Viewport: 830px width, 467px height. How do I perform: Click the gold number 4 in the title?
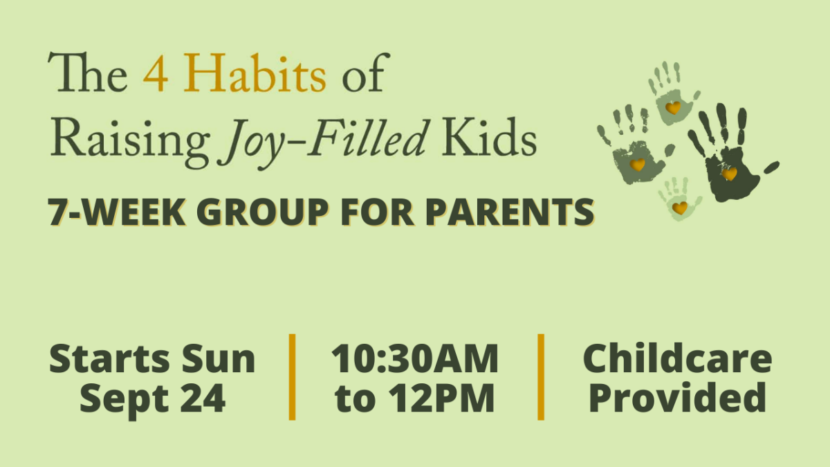point(156,73)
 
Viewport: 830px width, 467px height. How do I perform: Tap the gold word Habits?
point(255,72)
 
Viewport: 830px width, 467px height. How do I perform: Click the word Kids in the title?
point(489,136)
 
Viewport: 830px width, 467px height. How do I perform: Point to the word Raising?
point(131,142)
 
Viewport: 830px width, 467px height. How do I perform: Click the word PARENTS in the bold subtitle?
point(510,212)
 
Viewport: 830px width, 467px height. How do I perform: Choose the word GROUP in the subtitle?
point(262,212)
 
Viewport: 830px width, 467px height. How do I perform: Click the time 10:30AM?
point(415,359)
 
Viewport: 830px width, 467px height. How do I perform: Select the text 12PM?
point(441,398)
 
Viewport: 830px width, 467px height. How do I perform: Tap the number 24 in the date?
point(203,398)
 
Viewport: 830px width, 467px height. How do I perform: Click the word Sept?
point(124,400)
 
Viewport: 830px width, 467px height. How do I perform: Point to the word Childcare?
point(677,358)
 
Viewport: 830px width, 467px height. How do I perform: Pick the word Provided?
point(677,397)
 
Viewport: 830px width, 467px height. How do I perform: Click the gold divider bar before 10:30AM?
point(292,377)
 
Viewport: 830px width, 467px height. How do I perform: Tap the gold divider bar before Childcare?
point(541,377)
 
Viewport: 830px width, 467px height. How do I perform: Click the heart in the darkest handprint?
point(729,174)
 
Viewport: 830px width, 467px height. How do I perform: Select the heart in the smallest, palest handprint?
point(680,208)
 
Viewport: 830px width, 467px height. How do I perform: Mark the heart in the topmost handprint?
point(673,108)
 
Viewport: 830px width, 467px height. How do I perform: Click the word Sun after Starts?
point(219,359)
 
